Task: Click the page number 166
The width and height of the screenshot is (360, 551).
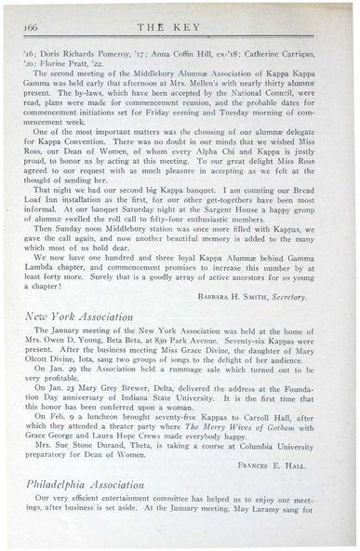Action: click(x=28, y=15)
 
